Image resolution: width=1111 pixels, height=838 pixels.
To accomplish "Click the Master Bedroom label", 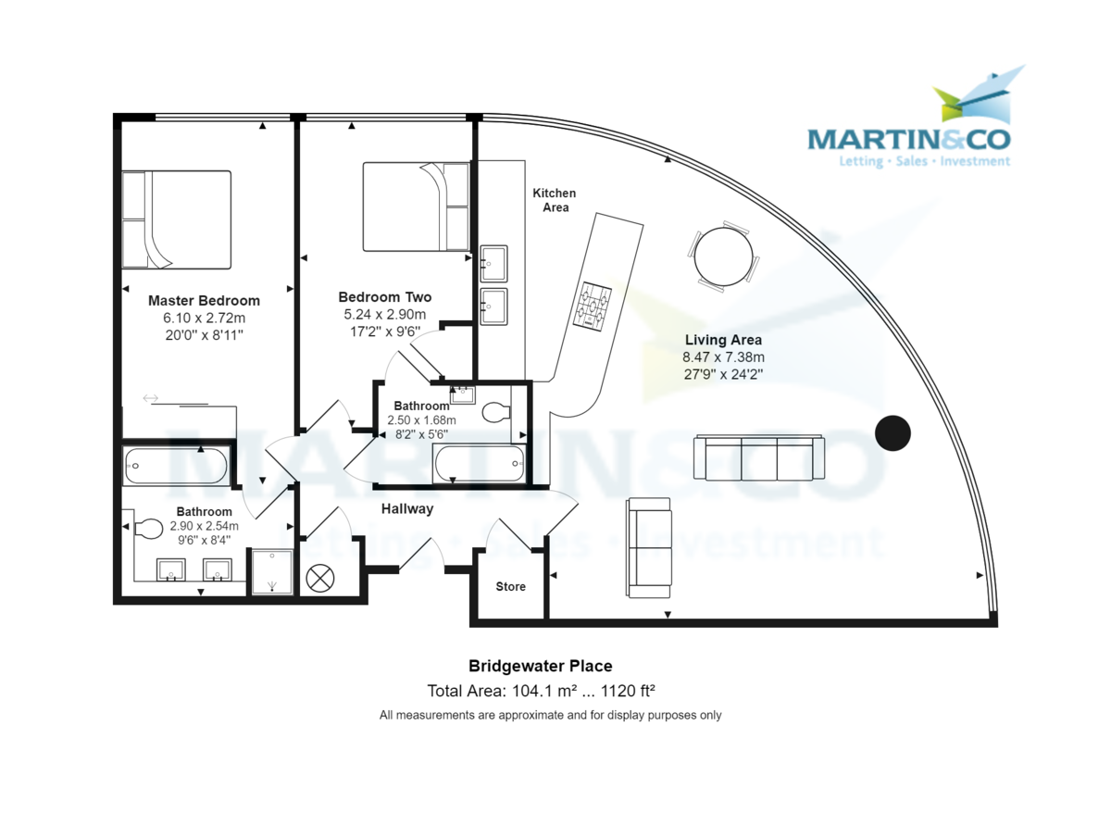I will click(204, 301).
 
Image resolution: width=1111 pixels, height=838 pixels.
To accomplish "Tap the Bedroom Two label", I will click(384, 297).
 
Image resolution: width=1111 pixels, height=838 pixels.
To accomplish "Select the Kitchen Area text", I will click(555, 200).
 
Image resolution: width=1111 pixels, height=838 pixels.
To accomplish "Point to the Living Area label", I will click(723, 340).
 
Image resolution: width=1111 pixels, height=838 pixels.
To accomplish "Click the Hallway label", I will click(406, 508).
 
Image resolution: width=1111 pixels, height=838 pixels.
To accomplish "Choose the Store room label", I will click(510, 586).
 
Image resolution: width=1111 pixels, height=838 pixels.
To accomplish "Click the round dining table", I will click(723, 256).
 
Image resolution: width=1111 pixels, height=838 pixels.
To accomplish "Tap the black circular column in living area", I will click(893, 432).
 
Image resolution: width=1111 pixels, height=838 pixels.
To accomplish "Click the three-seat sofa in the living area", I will click(759, 458).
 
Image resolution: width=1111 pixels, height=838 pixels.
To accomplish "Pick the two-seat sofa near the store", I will click(649, 547).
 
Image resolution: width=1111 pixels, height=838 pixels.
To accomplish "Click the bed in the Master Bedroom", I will click(176, 219).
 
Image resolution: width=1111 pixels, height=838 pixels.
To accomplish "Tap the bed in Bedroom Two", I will click(416, 206).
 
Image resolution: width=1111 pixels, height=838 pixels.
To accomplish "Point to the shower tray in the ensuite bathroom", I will click(272, 572).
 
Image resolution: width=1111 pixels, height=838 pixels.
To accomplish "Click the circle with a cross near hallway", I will click(319, 579).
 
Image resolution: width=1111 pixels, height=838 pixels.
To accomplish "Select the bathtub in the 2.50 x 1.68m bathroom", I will click(479, 462).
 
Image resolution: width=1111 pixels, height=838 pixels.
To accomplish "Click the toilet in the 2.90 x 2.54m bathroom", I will click(147, 530).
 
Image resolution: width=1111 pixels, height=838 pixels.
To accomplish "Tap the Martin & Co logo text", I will click(908, 139).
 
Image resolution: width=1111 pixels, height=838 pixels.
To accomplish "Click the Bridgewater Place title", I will click(540, 666).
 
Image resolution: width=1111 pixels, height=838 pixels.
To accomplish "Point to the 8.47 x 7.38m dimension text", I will click(723, 357).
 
